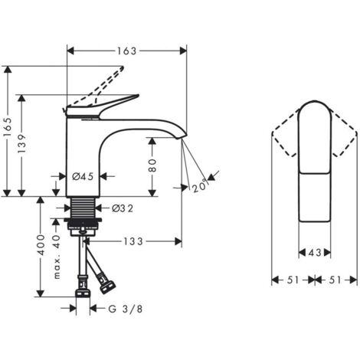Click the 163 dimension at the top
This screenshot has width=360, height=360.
pos(127,51)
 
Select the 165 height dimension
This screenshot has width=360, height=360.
pos(8,127)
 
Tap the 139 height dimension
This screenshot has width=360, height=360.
pos(22,143)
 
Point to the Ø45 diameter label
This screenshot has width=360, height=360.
pos(83,176)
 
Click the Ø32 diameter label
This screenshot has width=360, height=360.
pos(123,208)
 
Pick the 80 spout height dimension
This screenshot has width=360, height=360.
pos(152,165)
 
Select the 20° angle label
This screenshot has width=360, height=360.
pos(200,185)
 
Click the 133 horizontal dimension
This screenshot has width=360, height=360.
pos(133,241)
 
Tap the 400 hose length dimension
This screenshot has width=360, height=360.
pos(41,245)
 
